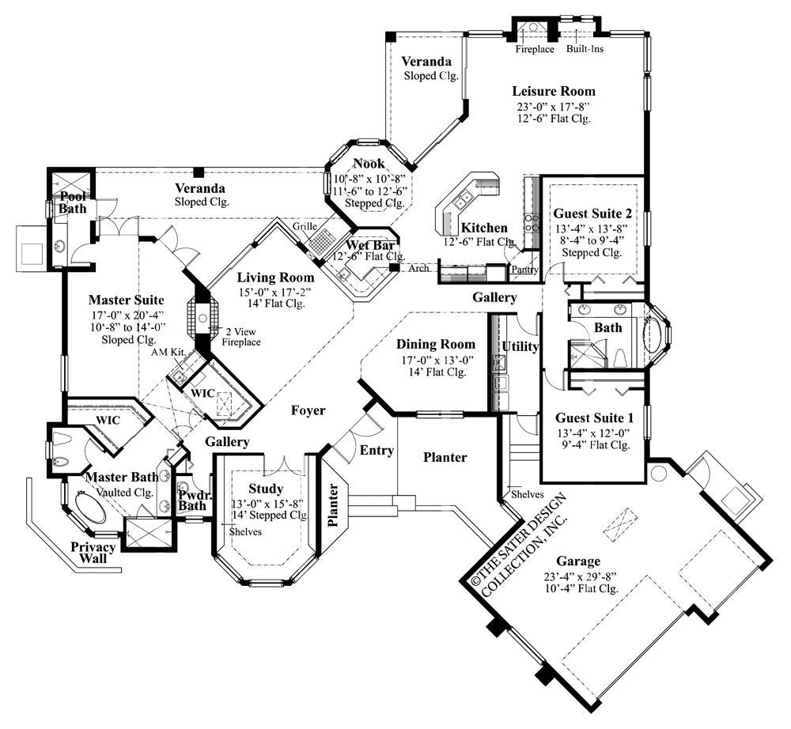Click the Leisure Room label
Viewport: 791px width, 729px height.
coord(553,91)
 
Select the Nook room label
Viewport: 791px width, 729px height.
coord(369,164)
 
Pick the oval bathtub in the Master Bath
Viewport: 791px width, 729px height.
coord(91,506)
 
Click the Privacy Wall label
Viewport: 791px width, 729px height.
coord(93,553)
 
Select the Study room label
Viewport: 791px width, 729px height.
coord(266,489)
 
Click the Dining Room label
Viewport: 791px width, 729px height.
coord(436,344)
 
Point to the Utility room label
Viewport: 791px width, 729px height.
coord(520,346)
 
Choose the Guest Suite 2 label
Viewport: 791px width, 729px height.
coord(592,213)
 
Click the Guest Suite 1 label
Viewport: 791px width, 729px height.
coord(592,417)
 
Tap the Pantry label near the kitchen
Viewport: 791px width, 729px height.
coord(524,270)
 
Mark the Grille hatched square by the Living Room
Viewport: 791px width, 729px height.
coord(323,240)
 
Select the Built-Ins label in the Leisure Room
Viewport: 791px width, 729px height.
coord(584,49)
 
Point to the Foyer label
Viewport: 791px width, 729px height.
coord(308,410)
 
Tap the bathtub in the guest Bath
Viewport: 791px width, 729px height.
coord(655,334)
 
